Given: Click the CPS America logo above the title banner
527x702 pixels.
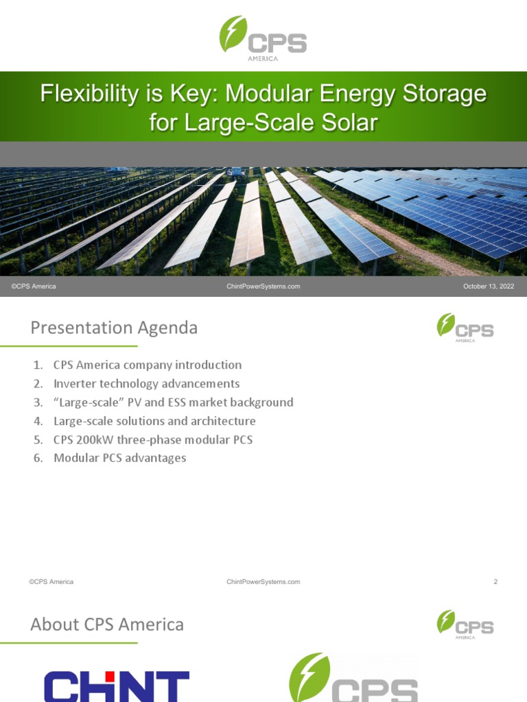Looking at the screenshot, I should coord(263,38).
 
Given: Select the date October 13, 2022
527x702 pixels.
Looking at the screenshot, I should coord(488,287).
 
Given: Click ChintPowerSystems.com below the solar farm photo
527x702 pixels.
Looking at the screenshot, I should coord(263,287).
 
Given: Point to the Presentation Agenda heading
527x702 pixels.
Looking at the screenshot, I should coord(114,328).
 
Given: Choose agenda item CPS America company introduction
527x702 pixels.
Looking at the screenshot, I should coord(148,365).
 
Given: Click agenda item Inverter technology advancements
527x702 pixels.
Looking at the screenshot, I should coord(146,383).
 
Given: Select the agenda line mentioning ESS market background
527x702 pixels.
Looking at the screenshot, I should coord(173,402).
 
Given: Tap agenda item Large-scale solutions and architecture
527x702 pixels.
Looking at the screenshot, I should coord(154,420).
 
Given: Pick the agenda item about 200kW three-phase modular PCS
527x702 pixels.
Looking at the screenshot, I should coord(153,439).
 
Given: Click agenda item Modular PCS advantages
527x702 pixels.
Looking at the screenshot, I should coord(119,457).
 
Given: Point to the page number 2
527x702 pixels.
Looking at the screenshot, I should coord(495,582).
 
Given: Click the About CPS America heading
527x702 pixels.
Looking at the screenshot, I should coord(107,625).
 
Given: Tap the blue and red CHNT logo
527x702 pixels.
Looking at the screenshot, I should coord(117,686).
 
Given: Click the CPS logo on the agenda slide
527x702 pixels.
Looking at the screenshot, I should coord(465,328).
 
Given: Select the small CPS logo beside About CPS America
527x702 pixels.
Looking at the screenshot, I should coord(465,625).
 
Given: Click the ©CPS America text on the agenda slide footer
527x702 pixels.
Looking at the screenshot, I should coord(51,582).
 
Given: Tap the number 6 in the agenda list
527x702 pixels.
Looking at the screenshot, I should coord(38,457).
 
